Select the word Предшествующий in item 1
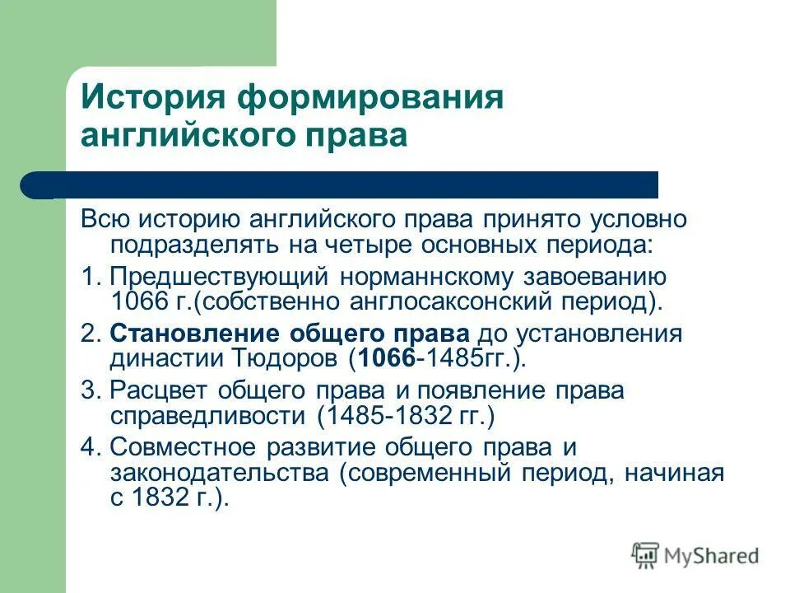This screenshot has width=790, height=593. pyautogui.click(x=219, y=277)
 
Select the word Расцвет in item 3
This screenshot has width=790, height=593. pyautogui.click(x=154, y=390)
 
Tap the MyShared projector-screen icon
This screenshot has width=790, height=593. pyautogui.click(x=646, y=556)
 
